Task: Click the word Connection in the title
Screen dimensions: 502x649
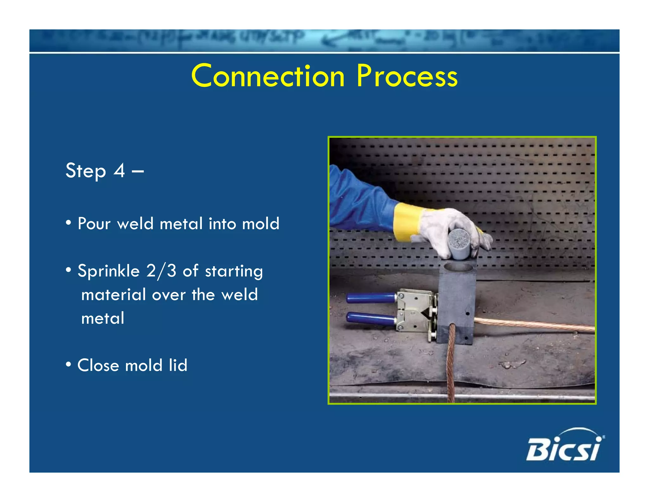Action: (268, 76)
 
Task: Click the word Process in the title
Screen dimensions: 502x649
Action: (407, 76)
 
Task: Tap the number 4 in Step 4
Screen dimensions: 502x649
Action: (119, 171)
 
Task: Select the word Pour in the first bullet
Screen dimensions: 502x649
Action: (94, 224)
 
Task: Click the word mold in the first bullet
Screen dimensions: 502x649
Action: (260, 224)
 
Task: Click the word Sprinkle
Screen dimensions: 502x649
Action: (108, 271)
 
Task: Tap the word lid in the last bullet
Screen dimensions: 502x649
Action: (178, 365)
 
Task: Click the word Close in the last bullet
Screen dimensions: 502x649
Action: (98, 365)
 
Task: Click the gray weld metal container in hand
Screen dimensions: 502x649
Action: (459, 244)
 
